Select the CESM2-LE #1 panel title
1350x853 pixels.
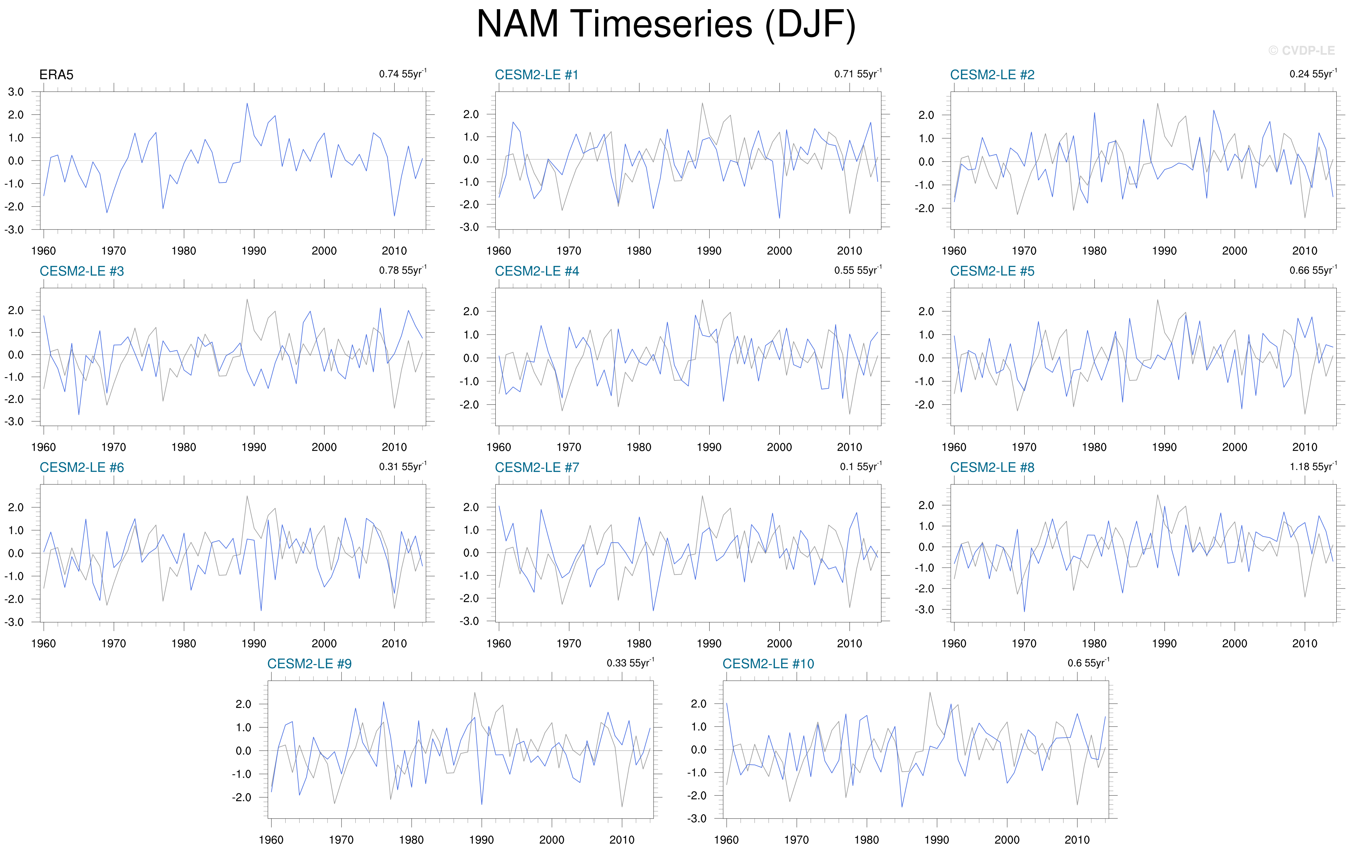[x=537, y=75]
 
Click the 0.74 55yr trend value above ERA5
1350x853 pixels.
[x=402, y=74]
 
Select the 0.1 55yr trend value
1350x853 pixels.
[x=860, y=467]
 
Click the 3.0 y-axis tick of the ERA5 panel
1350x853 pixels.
[x=16, y=92]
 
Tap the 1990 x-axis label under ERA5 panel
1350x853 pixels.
[x=254, y=251]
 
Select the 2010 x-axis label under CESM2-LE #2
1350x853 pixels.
[x=1304, y=251]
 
